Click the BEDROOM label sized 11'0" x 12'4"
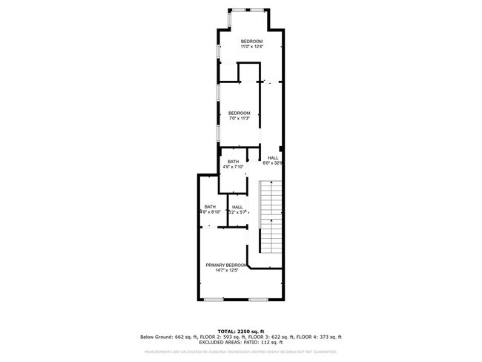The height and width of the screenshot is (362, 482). [251, 42]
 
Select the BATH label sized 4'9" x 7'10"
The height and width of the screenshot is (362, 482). [234, 162]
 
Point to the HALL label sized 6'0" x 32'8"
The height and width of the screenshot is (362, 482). [273, 158]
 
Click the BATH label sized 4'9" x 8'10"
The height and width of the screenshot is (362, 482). [210, 206]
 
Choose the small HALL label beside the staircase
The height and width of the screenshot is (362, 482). [237, 207]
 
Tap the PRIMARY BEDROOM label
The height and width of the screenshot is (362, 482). [226, 265]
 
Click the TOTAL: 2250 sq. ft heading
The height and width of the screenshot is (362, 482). [240, 332]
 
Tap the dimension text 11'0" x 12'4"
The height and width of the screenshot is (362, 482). [251, 47]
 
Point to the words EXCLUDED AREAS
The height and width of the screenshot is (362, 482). [219, 342]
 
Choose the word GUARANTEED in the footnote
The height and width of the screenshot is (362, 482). [324, 352]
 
